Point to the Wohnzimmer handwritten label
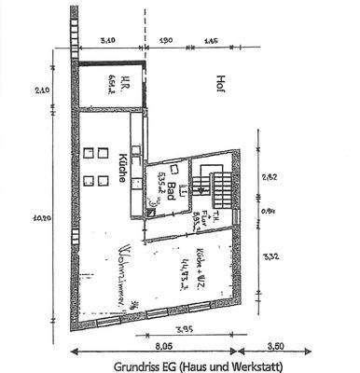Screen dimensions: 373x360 127,270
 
